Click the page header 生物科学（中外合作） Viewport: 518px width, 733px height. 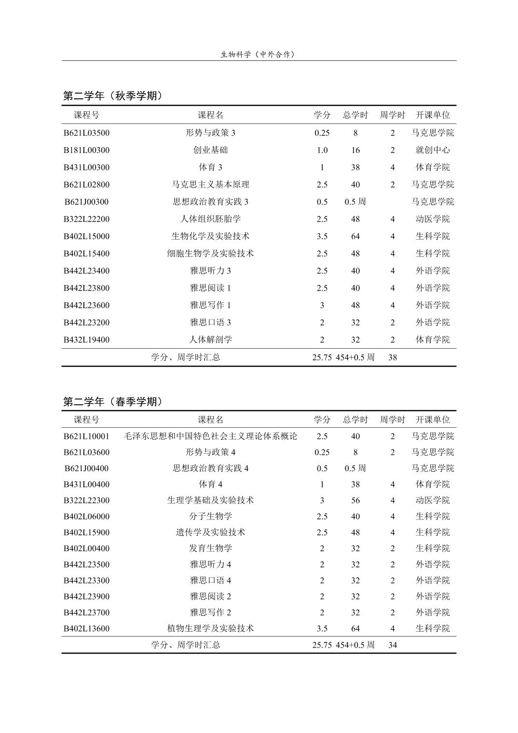click(x=258, y=54)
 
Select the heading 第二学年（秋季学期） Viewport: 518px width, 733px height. click(x=113, y=96)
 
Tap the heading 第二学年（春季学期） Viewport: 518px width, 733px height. click(x=113, y=402)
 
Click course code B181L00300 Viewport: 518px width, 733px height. click(x=86, y=150)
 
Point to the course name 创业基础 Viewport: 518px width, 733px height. click(x=210, y=150)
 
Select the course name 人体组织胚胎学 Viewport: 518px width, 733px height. click(x=210, y=219)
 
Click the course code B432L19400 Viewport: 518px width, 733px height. click(x=86, y=339)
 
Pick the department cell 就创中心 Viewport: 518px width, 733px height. click(x=433, y=150)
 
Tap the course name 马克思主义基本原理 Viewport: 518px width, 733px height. click(x=210, y=184)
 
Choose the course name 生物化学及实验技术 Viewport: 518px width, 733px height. click(x=210, y=236)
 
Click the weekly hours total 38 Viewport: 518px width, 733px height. click(x=393, y=357)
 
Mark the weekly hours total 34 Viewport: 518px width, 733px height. click(x=393, y=645)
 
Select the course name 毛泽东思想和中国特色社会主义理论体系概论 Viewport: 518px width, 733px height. click(x=210, y=436)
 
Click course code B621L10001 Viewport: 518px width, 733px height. click(x=86, y=436)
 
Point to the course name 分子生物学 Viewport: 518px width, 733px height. click(x=210, y=516)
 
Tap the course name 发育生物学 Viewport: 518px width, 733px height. click(x=210, y=548)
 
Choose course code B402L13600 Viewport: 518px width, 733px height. click(x=86, y=628)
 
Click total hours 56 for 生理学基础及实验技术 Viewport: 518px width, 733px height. click(x=355, y=500)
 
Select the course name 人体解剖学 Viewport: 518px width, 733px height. click(x=210, y=339)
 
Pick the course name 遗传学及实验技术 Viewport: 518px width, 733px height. click(x=210, y=532)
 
